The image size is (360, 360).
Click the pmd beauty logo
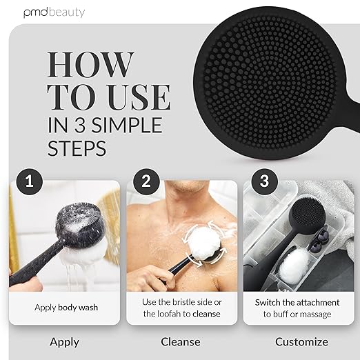54,12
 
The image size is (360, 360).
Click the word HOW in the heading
90,65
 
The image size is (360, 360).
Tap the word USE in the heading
140,97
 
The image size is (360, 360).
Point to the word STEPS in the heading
77,148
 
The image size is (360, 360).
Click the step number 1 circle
30,181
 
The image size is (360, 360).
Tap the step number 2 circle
146,181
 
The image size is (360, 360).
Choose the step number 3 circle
264,181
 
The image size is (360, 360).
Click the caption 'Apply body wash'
66,308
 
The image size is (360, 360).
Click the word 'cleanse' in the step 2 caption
206,314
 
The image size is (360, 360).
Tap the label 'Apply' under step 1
64,342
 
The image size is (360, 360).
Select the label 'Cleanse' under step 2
181,341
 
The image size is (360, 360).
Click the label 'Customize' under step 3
301,341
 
